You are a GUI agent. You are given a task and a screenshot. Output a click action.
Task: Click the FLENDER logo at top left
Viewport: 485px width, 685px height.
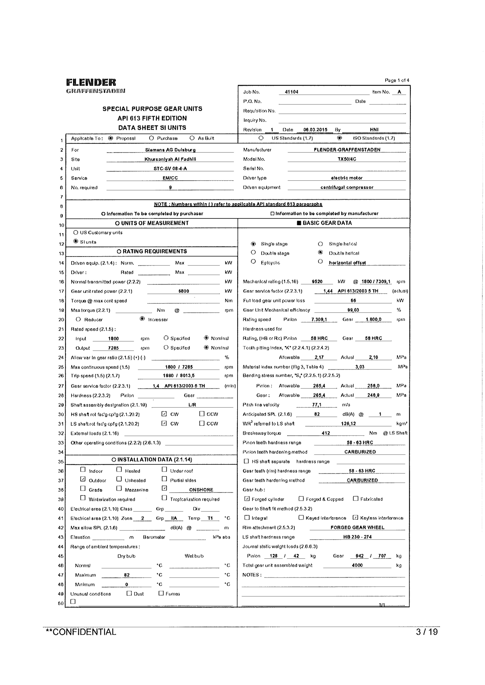(x=91, y=82)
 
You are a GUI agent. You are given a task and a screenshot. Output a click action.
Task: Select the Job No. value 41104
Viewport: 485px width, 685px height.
(x=291, y=92)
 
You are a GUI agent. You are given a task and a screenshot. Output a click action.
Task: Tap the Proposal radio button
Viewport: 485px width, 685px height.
(x=111, y=138)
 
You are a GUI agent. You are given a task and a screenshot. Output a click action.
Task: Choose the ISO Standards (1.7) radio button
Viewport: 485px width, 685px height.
(x=340, y=138)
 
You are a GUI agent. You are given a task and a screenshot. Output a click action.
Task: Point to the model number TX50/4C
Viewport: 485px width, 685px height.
(x=347, y=159)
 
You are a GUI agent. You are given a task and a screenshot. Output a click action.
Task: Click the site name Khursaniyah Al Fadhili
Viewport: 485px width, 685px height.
(x=170, y=159)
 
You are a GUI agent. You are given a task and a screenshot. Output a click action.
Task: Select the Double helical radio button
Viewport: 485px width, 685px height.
(x=320, y=252)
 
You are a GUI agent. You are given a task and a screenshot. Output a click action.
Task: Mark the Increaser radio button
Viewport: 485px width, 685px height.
(x=142, y=319)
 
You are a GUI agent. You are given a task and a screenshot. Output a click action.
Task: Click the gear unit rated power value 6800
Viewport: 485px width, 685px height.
(x=184, y=291)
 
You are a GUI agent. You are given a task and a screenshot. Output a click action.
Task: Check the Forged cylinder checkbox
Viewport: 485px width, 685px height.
(x=247, y=499)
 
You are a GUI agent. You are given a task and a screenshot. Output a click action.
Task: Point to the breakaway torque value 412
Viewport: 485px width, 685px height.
(x=326, y=433)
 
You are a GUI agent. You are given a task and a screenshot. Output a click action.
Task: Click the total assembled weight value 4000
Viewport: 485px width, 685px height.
(x=357, y=565)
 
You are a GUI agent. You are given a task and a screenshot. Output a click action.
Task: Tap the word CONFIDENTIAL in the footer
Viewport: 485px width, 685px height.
(x=84, y=632)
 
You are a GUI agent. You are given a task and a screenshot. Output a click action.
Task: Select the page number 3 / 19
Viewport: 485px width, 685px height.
(x=427, y=632)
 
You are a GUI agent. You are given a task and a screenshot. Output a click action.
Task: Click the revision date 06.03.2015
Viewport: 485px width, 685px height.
(x=315, y=130)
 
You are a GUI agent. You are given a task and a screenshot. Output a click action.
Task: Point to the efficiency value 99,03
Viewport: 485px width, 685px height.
(x=353, y=310)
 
